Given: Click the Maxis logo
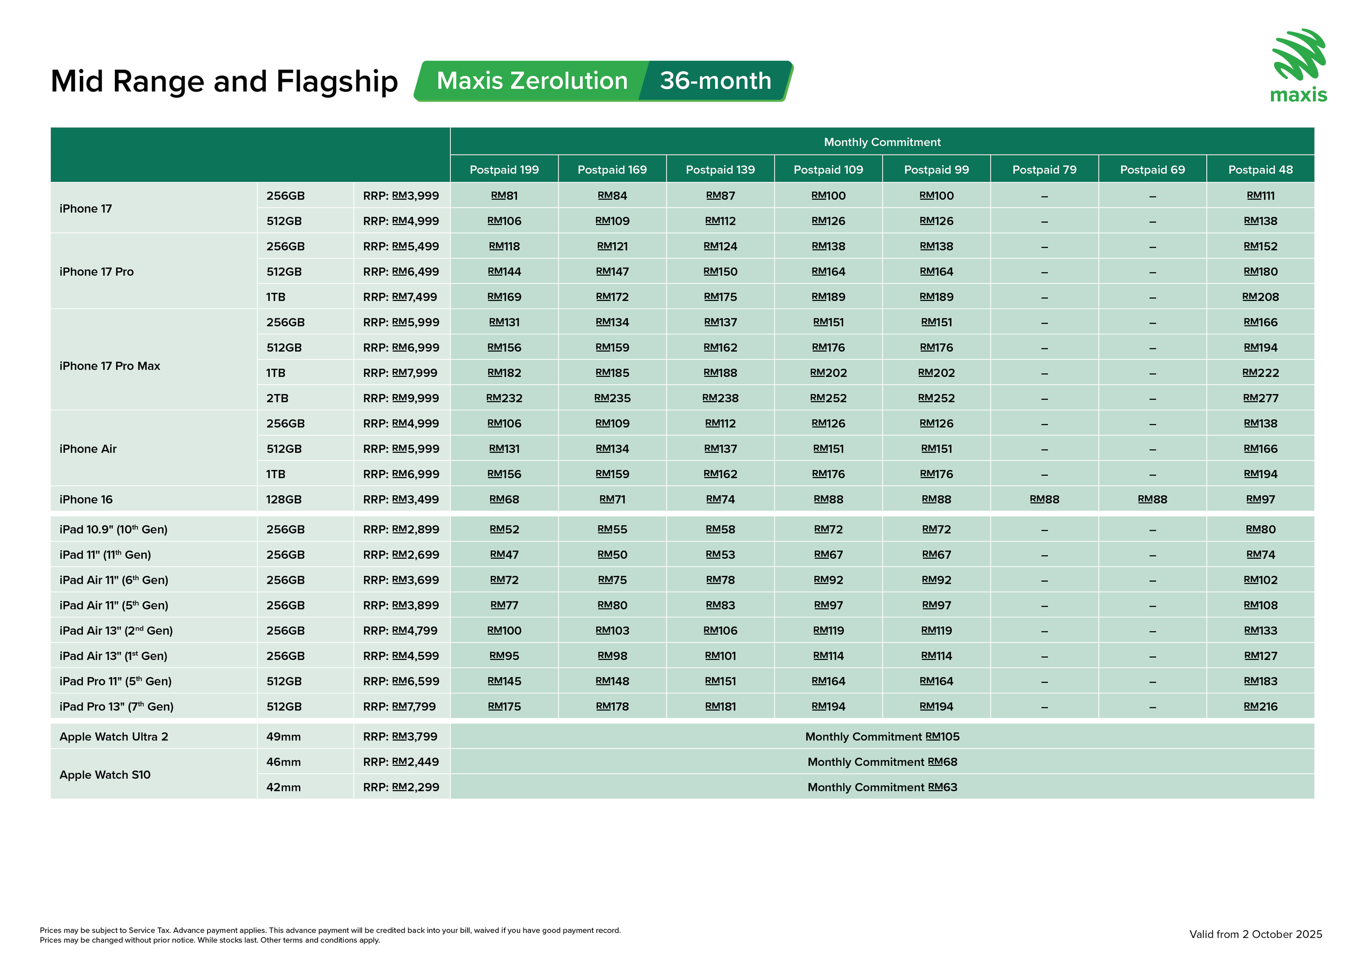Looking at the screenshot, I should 1299,65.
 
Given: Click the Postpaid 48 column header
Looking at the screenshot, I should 1260,169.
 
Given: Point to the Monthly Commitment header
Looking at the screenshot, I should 882,142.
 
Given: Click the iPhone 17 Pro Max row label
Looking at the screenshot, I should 110,366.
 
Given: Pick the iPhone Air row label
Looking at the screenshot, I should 88,449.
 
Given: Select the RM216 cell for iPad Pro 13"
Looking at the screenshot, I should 1260,706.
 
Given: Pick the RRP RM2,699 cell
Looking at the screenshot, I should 401,555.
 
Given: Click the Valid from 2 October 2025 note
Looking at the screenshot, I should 1255,934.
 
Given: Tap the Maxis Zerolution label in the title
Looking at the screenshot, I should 532,81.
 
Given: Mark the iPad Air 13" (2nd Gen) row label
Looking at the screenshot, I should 116,631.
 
